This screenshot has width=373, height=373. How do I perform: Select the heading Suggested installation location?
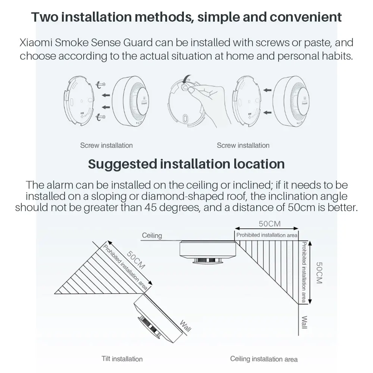[186, 164]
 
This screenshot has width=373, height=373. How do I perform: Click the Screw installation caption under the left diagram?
[106, 145]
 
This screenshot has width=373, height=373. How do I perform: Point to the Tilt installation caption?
[122, 359]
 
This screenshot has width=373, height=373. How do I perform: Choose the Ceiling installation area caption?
[264, 359]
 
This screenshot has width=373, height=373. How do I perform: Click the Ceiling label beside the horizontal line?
[152, 235]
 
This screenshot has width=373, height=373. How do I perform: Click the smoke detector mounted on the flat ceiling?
[207, 252]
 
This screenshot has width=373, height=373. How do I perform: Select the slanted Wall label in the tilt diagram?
[185, 326]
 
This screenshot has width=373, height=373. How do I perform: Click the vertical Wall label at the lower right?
[304, 322]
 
